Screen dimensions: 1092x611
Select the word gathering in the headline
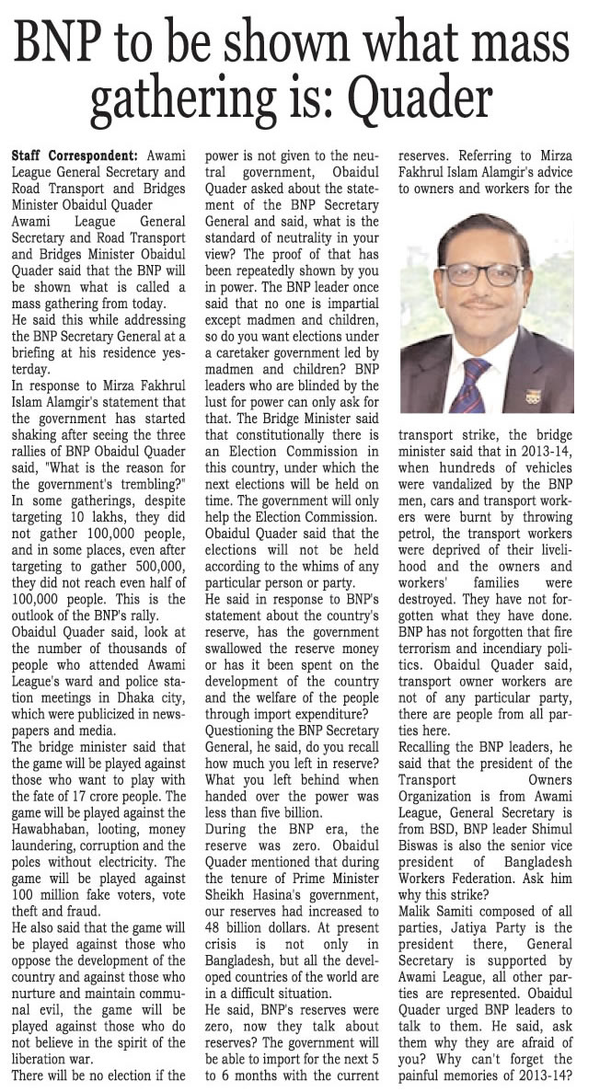pyautogui.click(x=224, y=96)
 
